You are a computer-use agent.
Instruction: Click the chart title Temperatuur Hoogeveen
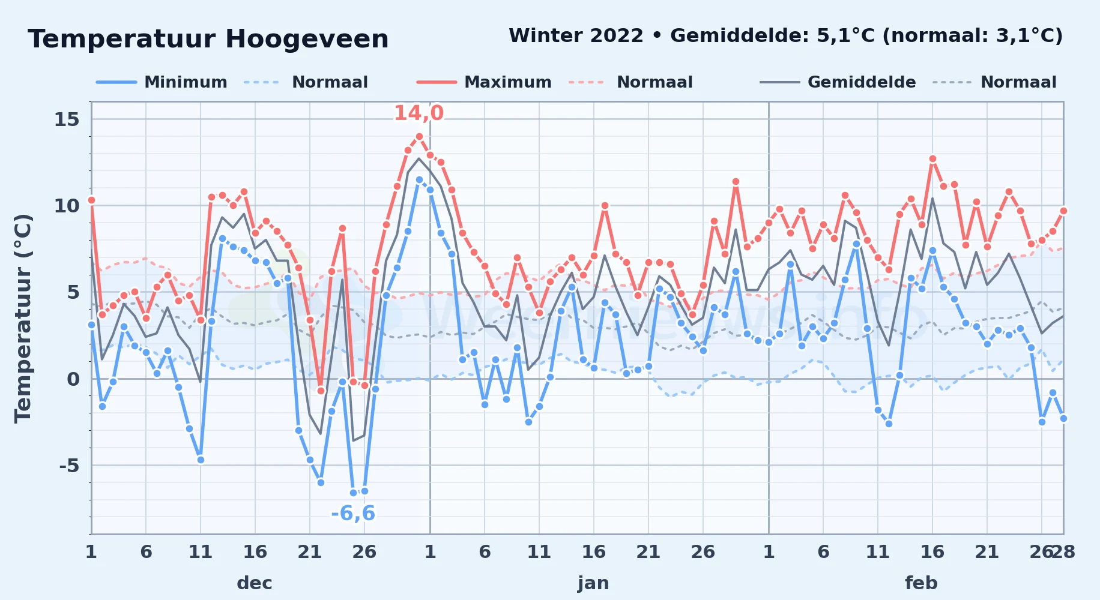(208, 39)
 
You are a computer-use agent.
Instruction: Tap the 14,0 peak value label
(419, 113)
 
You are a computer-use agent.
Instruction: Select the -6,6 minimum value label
(353, 514)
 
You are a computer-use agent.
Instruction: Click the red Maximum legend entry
(484, 82)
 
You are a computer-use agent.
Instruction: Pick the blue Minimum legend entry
(162, 82)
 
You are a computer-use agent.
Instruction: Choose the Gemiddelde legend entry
(838, 82)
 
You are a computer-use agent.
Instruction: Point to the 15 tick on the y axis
(67, 119)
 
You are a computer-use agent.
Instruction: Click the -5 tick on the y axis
(69, 466)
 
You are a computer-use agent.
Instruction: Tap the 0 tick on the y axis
(73, 379)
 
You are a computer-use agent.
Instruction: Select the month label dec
(255, 583)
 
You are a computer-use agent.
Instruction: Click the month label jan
(593, 583)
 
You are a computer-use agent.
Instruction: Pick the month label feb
(921, 583)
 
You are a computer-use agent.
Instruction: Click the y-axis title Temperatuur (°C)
(23, 318)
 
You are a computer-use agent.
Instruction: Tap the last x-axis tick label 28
(1063, 552)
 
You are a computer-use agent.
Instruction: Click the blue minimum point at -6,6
(354, 493)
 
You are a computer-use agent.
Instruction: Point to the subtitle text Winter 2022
(576, 36)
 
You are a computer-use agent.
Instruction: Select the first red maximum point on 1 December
(91, 200)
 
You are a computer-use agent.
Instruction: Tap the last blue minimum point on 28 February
(1063, 419)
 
